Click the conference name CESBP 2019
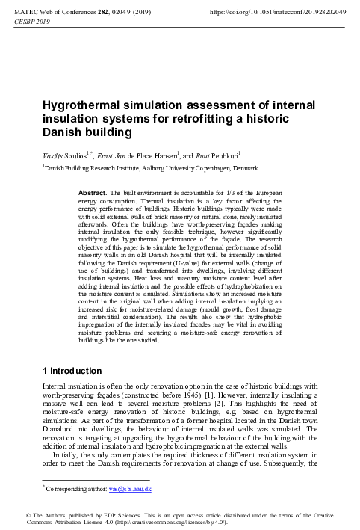click(x=32, y=22)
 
